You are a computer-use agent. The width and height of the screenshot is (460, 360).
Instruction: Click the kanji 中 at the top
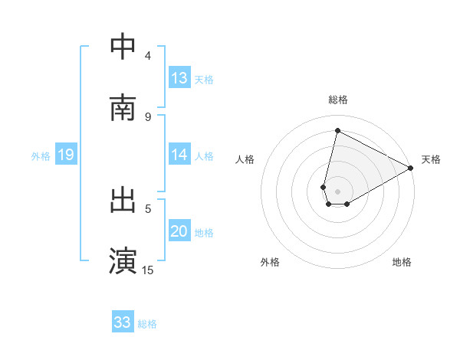(123, 47)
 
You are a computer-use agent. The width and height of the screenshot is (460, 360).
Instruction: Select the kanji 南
(123, 108)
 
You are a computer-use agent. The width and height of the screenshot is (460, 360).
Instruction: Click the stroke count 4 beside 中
(148, 55)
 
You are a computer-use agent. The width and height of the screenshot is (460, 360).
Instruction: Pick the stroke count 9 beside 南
(148, 116)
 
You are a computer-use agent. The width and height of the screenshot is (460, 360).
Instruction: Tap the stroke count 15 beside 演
(148, 270)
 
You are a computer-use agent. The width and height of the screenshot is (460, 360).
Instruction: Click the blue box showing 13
(179, 78)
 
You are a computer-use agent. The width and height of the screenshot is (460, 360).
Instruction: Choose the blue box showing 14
(179, 155)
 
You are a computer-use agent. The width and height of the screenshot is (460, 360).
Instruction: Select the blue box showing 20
(179, 231)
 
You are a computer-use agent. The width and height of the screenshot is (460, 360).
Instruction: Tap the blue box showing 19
(66, 155)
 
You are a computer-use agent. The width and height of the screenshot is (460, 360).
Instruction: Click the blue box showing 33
(123, 322)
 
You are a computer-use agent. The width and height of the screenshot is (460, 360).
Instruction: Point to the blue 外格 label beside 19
(41, 156)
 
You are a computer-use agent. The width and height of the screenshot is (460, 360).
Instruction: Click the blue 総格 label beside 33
(147, 324)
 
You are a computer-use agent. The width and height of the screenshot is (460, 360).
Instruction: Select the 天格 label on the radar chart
(431, 159)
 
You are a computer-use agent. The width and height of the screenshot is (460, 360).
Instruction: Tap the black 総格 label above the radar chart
(338, 100)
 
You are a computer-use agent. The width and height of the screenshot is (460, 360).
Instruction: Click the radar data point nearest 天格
(412, 169)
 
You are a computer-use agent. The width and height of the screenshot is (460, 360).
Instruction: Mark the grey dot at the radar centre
(338, 191)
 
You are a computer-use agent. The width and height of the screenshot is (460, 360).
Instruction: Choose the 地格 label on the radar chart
(402, 262)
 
